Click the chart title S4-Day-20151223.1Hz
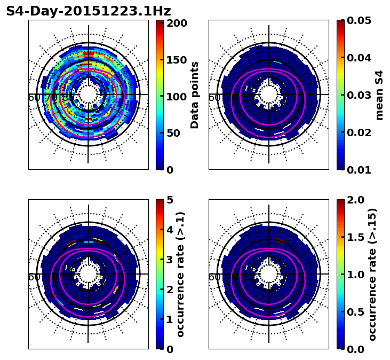(x=88, y=11)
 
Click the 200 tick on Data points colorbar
(x=176, y=23)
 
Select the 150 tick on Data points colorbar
(x=176, y=60)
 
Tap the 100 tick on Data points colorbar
(x=176, y=97)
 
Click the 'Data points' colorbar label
(x=195, y=95)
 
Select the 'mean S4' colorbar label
(x=379, y=95)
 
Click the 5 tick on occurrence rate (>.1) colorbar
(x=170, y=200)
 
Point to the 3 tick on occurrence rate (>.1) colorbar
(x=170, y=260)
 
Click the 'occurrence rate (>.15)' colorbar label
(x=372, y=274)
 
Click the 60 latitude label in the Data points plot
(x=33, y=98)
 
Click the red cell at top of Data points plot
(x=89, y=54)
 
